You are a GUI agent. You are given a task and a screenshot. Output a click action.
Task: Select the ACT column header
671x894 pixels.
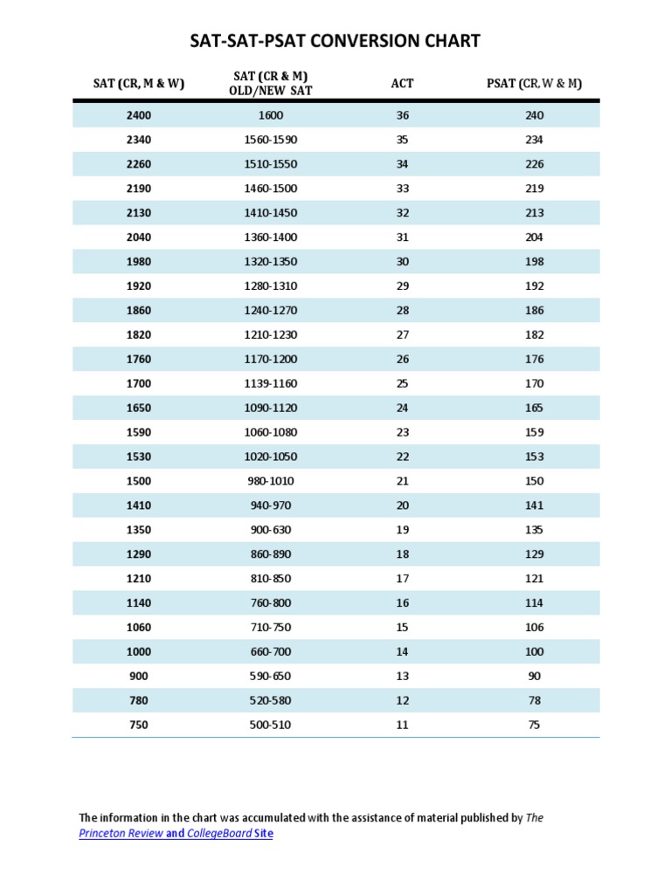coord(403,84)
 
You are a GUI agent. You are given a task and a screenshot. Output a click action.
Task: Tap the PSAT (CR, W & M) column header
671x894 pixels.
coord(534,84)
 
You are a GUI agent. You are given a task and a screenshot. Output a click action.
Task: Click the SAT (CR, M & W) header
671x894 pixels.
coord(139,84)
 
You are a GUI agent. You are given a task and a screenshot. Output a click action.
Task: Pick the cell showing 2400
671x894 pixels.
coord(139,115)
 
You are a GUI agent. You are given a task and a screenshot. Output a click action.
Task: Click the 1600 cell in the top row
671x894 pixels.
coord(271,115)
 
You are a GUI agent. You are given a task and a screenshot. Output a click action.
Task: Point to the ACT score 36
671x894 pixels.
coord(403,115)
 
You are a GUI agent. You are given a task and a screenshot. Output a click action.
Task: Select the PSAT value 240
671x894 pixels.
coord(535,115)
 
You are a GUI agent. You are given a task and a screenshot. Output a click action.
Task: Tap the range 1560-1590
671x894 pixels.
coord(271,140)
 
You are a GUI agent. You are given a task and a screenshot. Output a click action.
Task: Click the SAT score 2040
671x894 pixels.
coord(139,237)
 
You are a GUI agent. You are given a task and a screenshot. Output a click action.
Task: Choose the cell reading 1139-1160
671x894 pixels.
coord(271,383)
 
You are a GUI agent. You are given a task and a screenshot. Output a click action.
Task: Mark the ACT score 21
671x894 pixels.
coord(403,481)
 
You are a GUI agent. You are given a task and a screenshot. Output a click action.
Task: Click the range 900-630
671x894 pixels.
coord(271,530)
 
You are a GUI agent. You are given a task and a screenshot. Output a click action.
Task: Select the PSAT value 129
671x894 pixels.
coord(535,554)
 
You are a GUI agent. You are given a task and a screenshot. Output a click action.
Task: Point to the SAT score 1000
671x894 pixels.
coord(139,652)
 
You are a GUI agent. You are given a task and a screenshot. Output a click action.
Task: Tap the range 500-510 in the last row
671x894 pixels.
coord(271,725)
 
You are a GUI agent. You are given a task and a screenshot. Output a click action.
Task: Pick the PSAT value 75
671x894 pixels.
coord(535,725)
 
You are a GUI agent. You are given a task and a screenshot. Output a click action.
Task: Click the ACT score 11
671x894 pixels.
coord(403,725)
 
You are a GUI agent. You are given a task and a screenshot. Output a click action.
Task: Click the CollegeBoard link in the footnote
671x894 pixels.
coord(218,834)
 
